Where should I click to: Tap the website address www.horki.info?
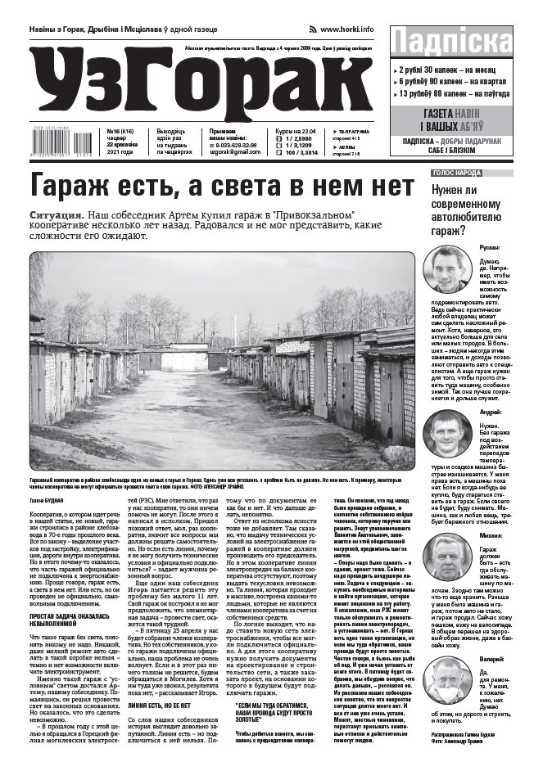click(346, 29)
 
